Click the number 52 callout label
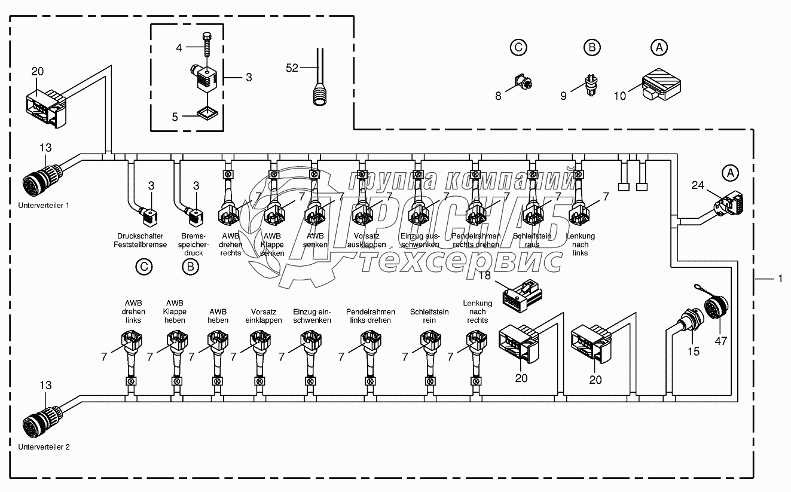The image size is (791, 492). pyautogui.click(x=292, y=68)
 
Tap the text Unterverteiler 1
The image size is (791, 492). pyautogui.click(x=44, y=205)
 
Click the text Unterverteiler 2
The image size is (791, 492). pyautogui.click(x=44, y=447)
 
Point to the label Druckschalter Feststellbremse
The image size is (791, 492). pyautogui.click(x=142, y=240)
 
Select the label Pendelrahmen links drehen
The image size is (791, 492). pyautogui.click(x=368, y=316)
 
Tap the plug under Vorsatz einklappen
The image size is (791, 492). pyautogui.click(x=259, y=342)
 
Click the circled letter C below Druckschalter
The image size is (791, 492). pyautogui.click(x=143, y=267)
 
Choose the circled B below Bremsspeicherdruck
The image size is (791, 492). pyautogui.click(x=190, y=267)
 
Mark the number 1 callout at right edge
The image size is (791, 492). pyautogui.click(x=780, y=279)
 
